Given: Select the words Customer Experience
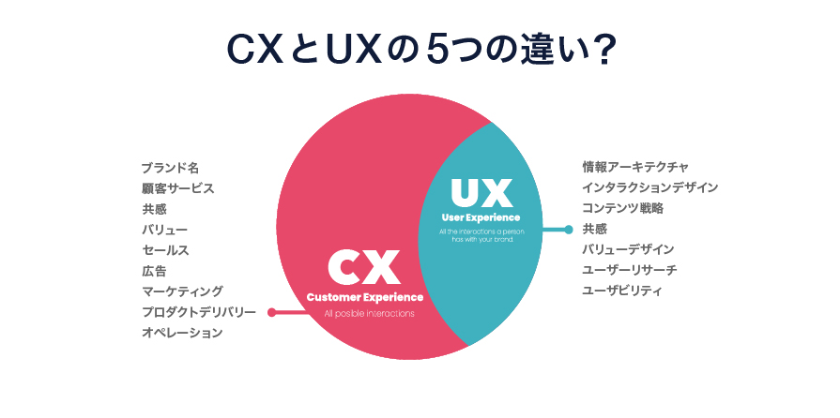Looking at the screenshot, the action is (x=365, y=297).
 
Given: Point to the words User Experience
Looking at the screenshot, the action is (x=481, y=218).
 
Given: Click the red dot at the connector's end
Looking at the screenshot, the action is (x=271, y=313).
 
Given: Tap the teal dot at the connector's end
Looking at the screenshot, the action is (x=568, y=229).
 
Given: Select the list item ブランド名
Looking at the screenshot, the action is (x=170, y=168).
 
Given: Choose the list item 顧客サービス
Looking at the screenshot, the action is (x=178, y=188).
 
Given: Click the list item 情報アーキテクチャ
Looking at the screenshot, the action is (x=635, y=167).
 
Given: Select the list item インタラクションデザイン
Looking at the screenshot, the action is (x=649, y=187).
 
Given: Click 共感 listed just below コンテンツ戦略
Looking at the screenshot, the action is (x=594, y=229).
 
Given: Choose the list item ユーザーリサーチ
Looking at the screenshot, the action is (x=629, y=270).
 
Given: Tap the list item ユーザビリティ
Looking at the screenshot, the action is (x=622, y=291).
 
